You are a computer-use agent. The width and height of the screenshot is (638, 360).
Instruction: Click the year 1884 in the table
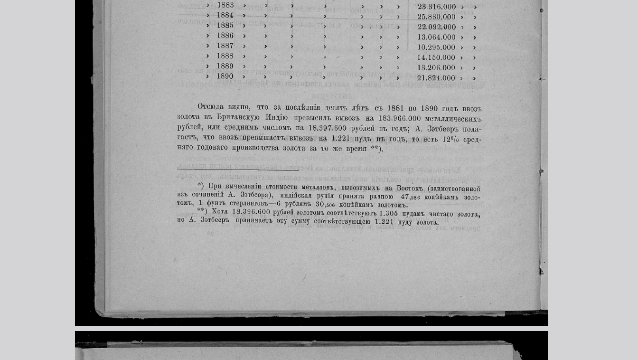tap(225, 15)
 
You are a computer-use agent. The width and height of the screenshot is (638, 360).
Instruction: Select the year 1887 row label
tap(225, 46)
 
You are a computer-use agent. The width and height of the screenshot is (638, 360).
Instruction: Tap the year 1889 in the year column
tap(225, 66)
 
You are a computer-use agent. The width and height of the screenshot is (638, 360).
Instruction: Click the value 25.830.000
tap(436, 17)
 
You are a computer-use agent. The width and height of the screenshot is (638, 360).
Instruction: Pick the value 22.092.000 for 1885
tap(436, 27)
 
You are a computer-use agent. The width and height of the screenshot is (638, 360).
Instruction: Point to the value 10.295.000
tap(436, 47)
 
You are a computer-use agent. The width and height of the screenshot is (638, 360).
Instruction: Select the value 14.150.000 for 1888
tap(436, 57)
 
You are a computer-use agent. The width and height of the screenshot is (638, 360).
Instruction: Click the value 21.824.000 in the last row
tap(436, 78)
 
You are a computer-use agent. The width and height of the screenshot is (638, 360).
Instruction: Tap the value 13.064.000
tap(436, 37)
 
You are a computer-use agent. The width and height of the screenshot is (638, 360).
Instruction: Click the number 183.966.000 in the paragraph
tap(399, 118)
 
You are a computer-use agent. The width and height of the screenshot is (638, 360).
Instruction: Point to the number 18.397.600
tap(328, 128)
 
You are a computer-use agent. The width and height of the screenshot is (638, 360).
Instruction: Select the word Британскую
tap(238, 117)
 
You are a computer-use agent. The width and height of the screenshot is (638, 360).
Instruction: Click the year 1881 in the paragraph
tap(395, 108)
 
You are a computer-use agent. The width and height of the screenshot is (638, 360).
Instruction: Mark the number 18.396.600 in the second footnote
tap(251, 212)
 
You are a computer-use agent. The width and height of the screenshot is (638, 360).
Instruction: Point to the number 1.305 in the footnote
tap(388, 214)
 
